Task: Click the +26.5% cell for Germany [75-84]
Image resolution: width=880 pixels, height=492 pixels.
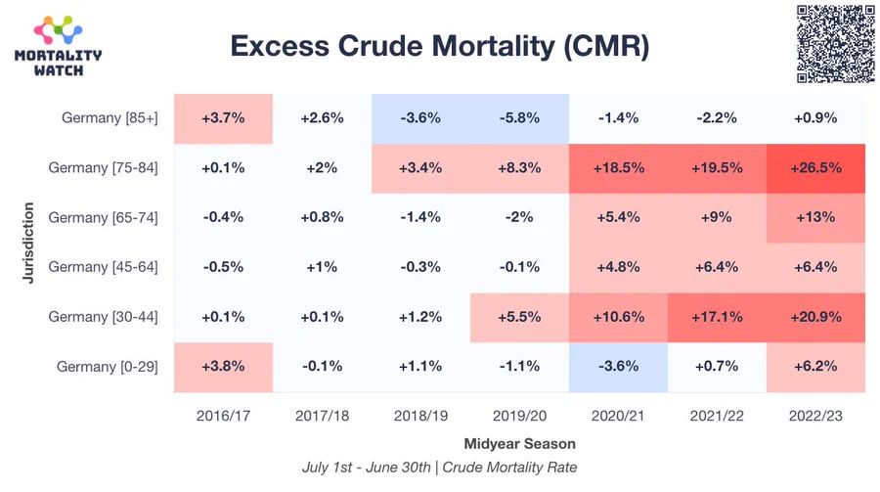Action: point(815,167)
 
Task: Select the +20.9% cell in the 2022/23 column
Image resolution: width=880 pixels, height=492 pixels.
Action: point(815,317)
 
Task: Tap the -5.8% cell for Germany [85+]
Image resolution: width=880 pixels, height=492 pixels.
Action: point(519,118)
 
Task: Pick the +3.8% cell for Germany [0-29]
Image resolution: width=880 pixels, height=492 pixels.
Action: point(224,366)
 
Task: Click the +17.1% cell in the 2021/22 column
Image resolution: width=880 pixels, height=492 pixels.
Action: point(717,317)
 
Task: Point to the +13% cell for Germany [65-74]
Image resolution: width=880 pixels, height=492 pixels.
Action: point(815,217)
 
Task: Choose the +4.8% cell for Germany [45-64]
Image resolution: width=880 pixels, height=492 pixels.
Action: point(618,267)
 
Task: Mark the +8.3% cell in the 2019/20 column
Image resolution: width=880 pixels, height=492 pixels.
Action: point(519,167)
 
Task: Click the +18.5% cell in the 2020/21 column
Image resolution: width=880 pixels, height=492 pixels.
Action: point(618,167)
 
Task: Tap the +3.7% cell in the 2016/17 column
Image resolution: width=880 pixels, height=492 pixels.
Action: point(224,118)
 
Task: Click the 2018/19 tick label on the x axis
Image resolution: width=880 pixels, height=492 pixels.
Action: point(420,416)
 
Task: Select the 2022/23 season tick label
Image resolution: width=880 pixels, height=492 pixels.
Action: point(815,416)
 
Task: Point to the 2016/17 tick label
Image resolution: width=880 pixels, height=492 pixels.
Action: point(224,416)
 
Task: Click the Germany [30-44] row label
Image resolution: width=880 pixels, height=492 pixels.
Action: point(104,317)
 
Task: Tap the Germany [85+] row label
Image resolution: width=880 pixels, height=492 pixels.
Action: point(110,118)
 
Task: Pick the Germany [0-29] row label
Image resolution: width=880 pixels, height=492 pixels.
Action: point(108,366)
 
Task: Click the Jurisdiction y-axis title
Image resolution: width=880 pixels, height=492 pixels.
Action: point(29,243)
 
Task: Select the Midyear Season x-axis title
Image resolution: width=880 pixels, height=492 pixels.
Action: point(519,443)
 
